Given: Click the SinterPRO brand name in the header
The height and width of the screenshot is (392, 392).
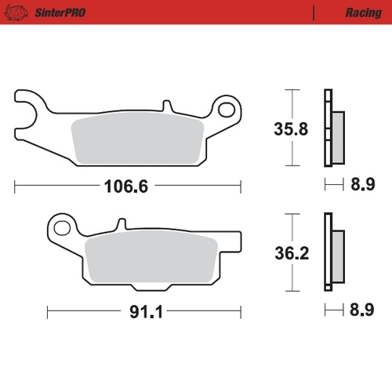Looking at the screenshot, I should [61, 13].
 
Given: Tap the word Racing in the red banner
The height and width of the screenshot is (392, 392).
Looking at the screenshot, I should [363, 13].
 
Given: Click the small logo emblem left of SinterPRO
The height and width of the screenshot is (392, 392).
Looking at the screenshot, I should [20, 13].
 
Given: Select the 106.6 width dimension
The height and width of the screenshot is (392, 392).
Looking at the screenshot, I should [125, 186].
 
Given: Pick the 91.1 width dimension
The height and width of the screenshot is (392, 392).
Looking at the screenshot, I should [145, 312].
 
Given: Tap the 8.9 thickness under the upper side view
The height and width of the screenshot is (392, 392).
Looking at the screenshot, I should [362, 186].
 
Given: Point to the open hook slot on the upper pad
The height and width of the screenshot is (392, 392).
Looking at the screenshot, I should [22, 110].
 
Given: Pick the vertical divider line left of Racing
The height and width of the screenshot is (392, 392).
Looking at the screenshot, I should [313, 13].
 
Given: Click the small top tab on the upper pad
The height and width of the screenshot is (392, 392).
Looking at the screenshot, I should [166, 105].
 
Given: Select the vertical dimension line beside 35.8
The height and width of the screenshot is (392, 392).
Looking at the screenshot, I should [292, 128].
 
